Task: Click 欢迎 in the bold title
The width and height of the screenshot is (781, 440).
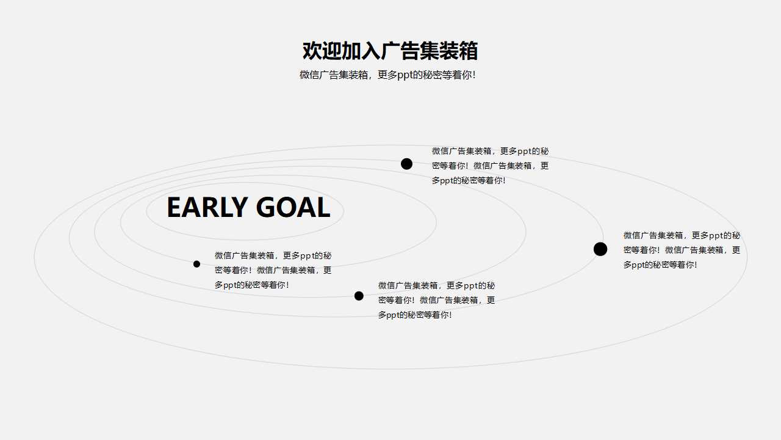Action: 322,51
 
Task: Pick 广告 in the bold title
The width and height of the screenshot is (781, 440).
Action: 400,51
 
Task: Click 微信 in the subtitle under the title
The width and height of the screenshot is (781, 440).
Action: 309,75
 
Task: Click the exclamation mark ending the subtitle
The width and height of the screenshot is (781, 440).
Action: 474,75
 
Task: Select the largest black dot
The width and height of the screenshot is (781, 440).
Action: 600,249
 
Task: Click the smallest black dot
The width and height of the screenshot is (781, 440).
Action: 196,264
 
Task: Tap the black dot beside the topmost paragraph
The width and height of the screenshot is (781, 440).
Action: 406,164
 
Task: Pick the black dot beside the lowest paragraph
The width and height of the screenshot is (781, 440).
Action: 359,296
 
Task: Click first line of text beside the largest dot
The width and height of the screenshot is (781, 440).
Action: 682,235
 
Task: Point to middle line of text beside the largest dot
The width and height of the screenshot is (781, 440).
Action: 682,250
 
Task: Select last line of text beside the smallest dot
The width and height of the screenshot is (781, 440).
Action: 251,285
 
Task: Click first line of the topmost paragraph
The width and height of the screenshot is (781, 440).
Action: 490,151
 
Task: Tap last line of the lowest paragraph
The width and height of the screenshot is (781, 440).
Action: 415,315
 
